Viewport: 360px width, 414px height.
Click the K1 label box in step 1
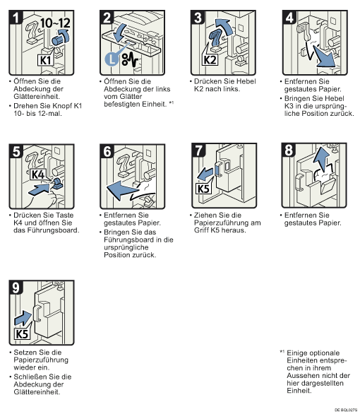45,60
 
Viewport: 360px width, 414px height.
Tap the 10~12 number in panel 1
55,23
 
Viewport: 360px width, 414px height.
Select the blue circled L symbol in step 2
112,59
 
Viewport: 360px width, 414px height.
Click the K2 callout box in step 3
210,59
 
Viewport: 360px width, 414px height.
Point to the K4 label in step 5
38,175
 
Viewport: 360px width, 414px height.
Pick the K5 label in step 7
203,189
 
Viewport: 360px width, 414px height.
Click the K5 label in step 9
21,333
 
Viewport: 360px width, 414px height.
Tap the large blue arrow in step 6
123,190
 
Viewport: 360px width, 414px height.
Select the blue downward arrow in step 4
324,57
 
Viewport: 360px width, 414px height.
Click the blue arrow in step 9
23,318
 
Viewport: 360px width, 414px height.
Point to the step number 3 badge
198,17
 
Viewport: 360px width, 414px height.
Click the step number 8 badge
289,150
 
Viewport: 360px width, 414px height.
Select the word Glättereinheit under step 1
37,96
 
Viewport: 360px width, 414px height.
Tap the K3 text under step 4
289,106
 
